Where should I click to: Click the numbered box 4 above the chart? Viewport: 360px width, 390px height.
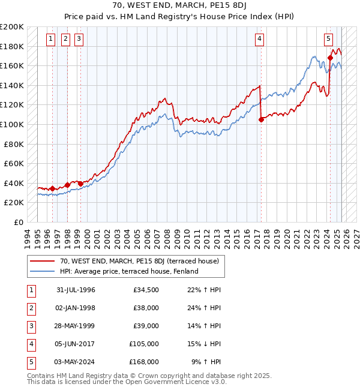(x=259, y=40)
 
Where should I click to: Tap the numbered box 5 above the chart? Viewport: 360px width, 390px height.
(x=329, y=40)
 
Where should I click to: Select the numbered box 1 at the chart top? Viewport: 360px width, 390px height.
(x=50, y=40)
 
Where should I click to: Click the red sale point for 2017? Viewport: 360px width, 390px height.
(x=261, y=120)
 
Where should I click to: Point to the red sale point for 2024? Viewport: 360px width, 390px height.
(x=330, y=58)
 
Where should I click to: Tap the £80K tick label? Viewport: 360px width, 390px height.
(x=14, y=144)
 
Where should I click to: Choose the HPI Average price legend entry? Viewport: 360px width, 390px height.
(x=128, y=271)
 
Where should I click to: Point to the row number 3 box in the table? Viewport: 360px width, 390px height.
(x=31, y=326)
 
